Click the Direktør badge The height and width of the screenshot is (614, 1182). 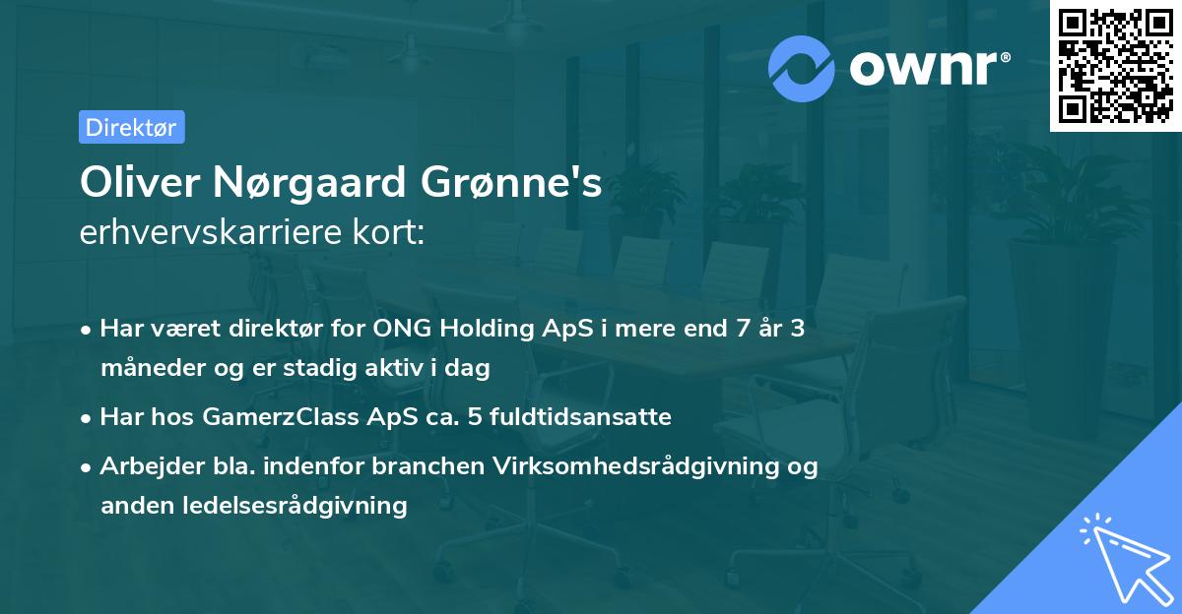pyautogui.click(x=131, y=127)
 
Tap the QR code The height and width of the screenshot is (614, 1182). pyautogui.click(x=1115, y=66)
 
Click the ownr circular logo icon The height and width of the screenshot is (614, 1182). pyautogui.click(x=801, y=68)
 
